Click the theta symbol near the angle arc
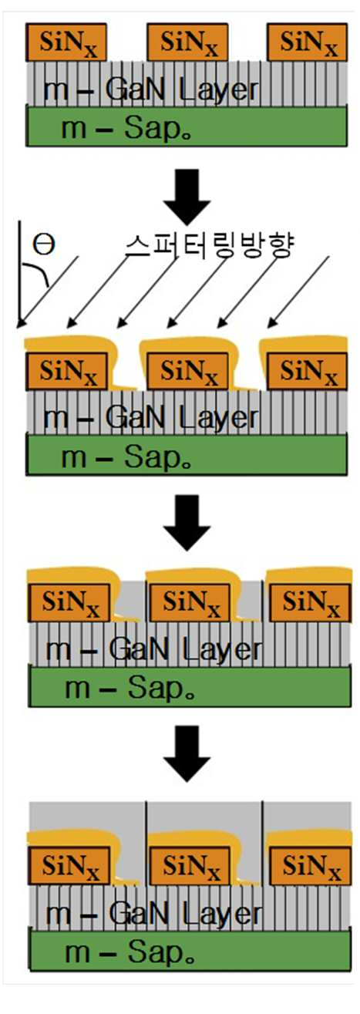44,244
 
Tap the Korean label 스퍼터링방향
210,245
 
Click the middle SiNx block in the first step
187,42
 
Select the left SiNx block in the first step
66,42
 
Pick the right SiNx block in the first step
308,42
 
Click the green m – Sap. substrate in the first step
187,126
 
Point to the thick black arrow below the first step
187,197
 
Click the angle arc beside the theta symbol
37,274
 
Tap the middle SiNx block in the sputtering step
187,371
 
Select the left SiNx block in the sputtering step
66,371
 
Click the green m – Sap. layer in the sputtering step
187,454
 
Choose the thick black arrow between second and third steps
187,523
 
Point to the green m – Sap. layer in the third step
190,686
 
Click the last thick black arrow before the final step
187,753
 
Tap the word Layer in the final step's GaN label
222,915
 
